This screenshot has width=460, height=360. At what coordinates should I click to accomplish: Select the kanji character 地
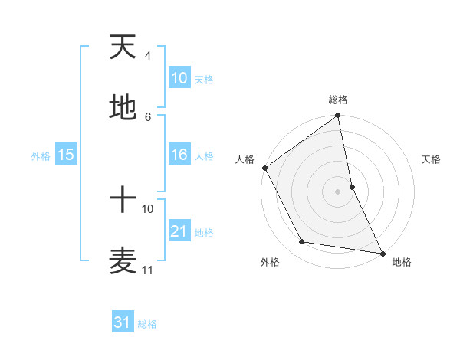coord(123,108)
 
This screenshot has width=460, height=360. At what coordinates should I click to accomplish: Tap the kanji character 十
coord(123,201)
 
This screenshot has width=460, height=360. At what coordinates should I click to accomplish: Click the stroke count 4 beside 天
coord(147,56)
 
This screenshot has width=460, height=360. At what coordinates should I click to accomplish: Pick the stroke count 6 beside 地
coord(147,116)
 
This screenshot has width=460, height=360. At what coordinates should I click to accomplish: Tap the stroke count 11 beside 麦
coord(148,270)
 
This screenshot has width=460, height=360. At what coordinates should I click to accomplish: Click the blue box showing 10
coord(179,78)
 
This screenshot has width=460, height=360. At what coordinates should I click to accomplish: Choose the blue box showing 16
coord(179,155)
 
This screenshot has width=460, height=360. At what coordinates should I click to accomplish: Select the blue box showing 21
coord(179,231)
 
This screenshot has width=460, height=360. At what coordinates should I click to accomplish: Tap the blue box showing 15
coord(65,155)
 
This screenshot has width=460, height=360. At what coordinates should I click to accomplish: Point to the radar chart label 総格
coord(338,100)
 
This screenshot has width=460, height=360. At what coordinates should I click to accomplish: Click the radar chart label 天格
coord(431,159)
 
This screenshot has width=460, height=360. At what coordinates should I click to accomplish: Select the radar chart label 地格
coord(402,262)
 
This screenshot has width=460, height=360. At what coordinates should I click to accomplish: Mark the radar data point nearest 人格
coord(264,168)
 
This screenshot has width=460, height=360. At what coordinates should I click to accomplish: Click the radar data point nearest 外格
coord(302,242)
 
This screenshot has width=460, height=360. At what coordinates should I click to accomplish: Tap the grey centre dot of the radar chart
coord(338,191)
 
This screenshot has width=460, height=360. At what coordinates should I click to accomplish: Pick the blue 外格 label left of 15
coord(41,156)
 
